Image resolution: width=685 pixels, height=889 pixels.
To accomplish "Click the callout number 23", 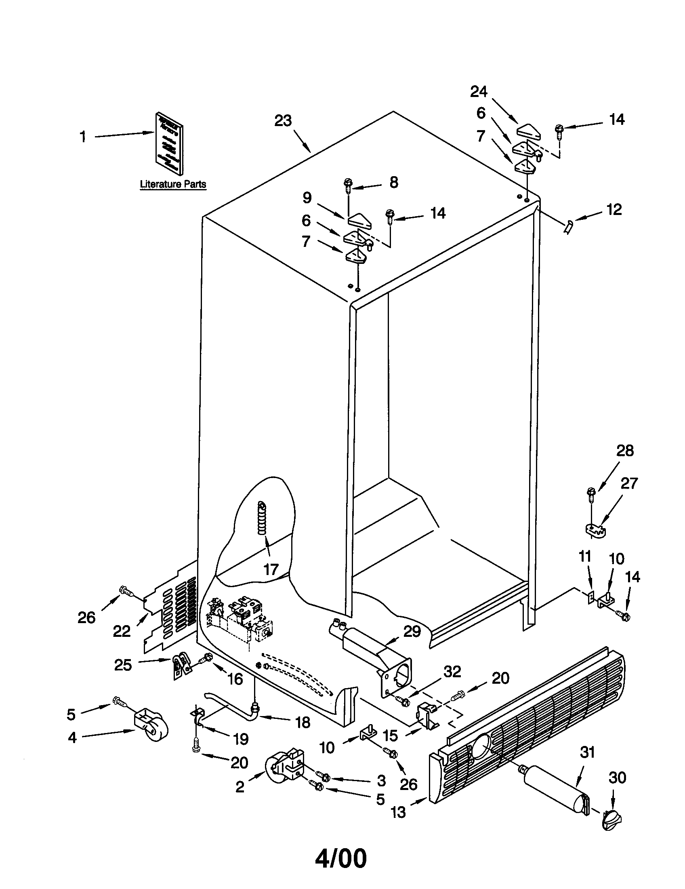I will click(283, 121).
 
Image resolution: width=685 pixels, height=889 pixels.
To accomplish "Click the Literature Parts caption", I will click(173, 184).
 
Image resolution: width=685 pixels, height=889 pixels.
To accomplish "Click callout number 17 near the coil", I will click(271, 569).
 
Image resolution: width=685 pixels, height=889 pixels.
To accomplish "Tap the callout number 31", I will click(587, 753).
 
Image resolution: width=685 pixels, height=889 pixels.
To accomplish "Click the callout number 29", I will click(412, 631).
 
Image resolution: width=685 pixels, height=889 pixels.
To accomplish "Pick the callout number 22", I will click(122, 631).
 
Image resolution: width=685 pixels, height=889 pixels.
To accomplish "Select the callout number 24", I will click(479, 92).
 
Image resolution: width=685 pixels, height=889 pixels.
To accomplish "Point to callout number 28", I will click(625, 451).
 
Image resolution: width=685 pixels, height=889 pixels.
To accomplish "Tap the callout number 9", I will click(307, 198).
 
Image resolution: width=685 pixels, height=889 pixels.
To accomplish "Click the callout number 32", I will click(452, 672).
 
